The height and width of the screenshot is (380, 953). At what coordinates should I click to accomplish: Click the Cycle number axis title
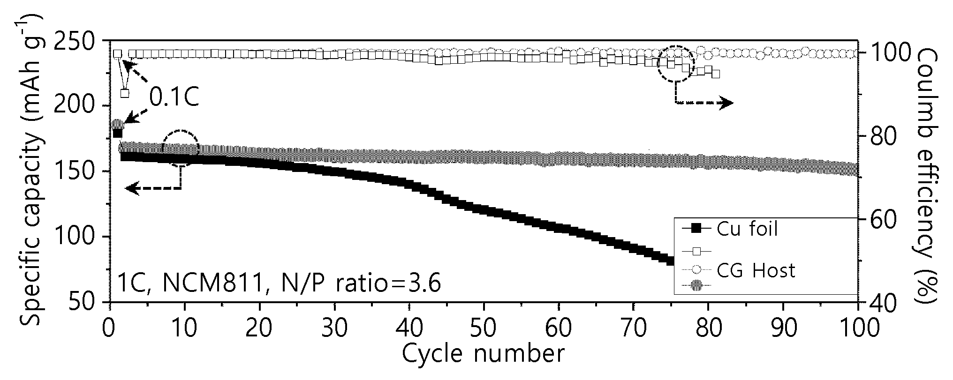click(x=483, y=355)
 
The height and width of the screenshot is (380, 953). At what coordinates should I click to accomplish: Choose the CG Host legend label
click(x=756, y=270)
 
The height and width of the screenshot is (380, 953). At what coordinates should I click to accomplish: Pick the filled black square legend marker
click(x=696, y=229)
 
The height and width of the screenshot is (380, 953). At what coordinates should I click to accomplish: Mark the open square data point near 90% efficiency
click(x=125, y=93)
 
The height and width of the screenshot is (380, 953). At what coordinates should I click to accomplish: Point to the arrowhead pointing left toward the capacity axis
click(x=132, y=188)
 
